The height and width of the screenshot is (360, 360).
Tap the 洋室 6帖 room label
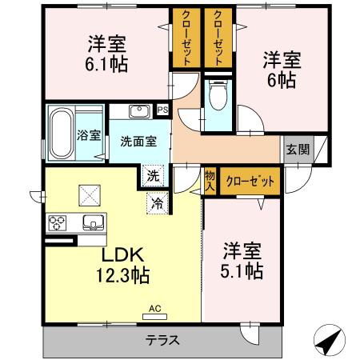(x=282, y=68)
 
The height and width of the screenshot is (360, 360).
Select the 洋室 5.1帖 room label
(x=242, y=260)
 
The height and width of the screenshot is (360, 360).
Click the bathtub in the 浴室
(x=62, y=134)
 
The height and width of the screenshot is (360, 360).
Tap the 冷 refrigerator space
(x=158, y=204)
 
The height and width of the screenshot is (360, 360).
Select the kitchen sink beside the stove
(x=92, y=222)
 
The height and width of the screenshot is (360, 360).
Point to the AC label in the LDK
(x=154, y=308)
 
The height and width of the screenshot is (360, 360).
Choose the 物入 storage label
(x=210, y=180)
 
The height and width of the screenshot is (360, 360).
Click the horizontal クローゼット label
(x=250, y=181)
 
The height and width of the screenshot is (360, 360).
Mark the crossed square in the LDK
(x=87, y=194)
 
